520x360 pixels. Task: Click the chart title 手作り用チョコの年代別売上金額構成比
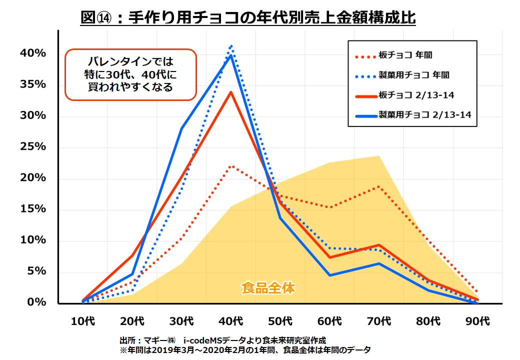tap(248, 18)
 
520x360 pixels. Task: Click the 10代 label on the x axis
tap(83, 320)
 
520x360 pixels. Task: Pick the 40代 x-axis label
tap(231, 320)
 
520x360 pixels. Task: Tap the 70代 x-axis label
tap(379, 320)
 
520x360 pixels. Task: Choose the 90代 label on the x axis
tap(477, 320)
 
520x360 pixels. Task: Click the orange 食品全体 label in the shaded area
tap(268, 288)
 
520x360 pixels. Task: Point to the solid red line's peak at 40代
tap(231, 92)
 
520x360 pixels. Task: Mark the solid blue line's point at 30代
tap(181, 128)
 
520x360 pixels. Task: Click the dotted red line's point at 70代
tap(379, 186)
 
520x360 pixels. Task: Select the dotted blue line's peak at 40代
tap(231, 46)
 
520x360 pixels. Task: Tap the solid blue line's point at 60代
tap(329, 275)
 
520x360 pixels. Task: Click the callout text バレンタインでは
tap(130, 62)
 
